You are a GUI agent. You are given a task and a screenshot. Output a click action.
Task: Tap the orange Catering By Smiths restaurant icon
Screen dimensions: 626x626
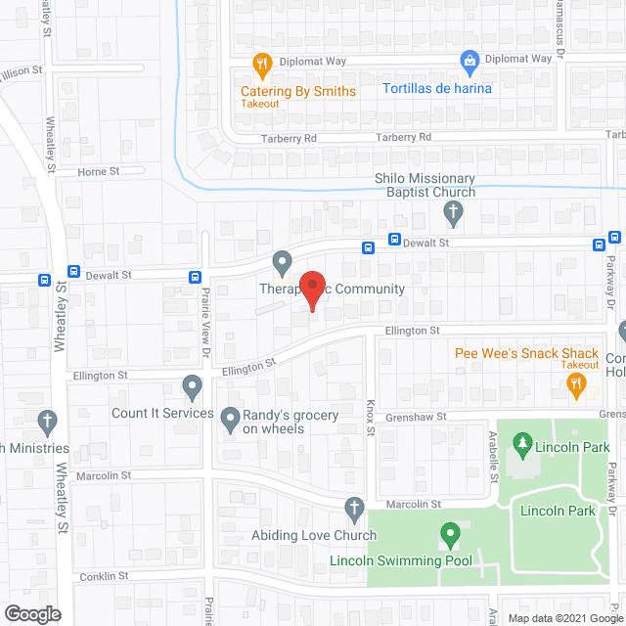coord(261,67)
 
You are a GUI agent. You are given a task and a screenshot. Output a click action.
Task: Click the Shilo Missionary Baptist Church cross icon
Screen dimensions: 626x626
coord(452,211)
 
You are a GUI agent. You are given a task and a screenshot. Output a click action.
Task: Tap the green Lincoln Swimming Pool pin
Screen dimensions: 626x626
coord(450,535)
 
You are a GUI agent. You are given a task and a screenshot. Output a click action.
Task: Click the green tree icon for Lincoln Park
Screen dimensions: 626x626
coord(521,445)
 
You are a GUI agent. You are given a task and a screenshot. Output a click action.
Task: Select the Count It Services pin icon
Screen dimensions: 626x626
coord(192,388)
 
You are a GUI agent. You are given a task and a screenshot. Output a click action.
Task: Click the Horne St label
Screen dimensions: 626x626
coord(98,171)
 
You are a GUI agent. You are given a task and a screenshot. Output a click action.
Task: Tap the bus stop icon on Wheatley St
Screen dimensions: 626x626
coord(73,272)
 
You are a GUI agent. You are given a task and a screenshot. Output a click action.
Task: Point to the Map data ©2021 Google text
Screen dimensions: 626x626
coord(563,618)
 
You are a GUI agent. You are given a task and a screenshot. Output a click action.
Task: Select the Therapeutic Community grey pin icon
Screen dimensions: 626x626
coord(282,262)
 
